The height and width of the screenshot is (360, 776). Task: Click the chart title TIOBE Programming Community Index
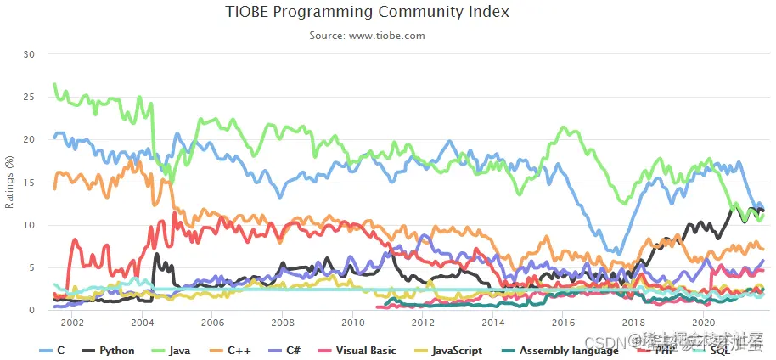click(x=368, y=13)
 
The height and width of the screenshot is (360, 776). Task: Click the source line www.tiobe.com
click(x=368, y=36)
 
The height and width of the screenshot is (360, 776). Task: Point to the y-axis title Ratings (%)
click(x=9, y=181)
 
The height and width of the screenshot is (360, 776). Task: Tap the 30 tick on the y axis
click(x=30, y=54)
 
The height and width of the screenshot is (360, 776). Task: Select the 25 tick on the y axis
click(x=30, y=97)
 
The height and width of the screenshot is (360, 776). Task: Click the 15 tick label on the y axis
click(x=30, y=182)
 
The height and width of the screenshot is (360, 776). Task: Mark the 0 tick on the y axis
click(x=32, y=310)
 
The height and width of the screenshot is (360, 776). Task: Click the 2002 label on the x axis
click(x=72, y=323)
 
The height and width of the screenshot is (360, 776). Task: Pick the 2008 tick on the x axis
click(x=283, y=323)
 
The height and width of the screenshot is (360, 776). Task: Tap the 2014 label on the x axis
click(x=492, y=323)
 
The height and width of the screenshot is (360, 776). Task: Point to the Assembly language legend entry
click(x=559, y=351)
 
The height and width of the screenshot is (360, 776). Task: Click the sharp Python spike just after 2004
click(x=155, y=254)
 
